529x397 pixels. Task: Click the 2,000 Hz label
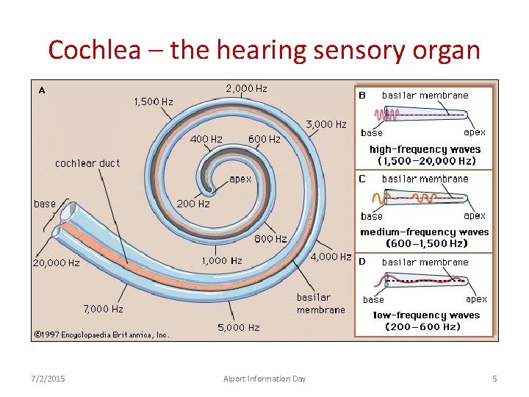click(246, 89)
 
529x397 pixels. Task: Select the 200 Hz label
click(193, 204)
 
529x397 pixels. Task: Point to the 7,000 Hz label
click(103, 310)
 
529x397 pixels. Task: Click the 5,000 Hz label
click(239, 327)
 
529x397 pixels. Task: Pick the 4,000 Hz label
click(331, 257)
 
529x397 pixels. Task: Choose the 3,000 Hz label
click(325, 124)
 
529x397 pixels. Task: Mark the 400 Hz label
click(206, 139)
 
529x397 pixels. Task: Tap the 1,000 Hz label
click(222, 260)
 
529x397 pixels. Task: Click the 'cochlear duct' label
click(87, 163)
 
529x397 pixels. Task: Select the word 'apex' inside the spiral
click(240, 179)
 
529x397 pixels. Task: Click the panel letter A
click(42, 90)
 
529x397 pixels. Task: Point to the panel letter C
click(362, 179)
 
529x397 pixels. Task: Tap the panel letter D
click(361, 262)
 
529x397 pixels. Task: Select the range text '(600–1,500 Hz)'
click(426, 243)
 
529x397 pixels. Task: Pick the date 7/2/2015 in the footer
click(48, 379)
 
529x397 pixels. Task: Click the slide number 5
click(494, 379)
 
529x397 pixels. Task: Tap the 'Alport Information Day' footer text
click(264, 379)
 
